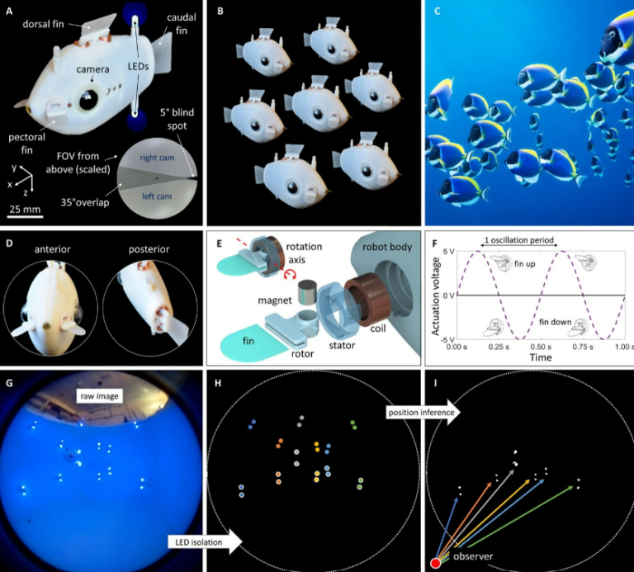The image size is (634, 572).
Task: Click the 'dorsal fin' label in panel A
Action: [43, 24]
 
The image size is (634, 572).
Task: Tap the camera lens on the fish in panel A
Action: [88, 100]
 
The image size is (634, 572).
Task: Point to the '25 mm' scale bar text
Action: [25, 209]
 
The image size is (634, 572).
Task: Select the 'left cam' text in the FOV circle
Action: [157, 196]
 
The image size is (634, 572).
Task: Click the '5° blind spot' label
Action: [177, 119]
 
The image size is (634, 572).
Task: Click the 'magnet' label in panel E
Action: [275, 300]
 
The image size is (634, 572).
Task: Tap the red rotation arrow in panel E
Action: [290, 275]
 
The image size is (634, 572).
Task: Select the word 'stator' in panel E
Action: [342, 345]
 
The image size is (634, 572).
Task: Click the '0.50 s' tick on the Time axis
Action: [541, 347]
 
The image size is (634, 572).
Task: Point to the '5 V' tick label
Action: [448, 252]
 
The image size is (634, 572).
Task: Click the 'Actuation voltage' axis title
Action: [436, 296]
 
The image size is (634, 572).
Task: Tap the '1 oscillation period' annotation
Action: [518, 240]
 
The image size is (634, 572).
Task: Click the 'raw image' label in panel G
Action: [99, 396]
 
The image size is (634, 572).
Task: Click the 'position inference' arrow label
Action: [421, 413]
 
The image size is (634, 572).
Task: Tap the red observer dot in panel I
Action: [436, 563]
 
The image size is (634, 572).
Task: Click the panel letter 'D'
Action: [9, 243]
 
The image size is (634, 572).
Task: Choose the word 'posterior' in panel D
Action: [149, 249]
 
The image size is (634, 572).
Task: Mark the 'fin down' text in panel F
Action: [555, 322]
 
